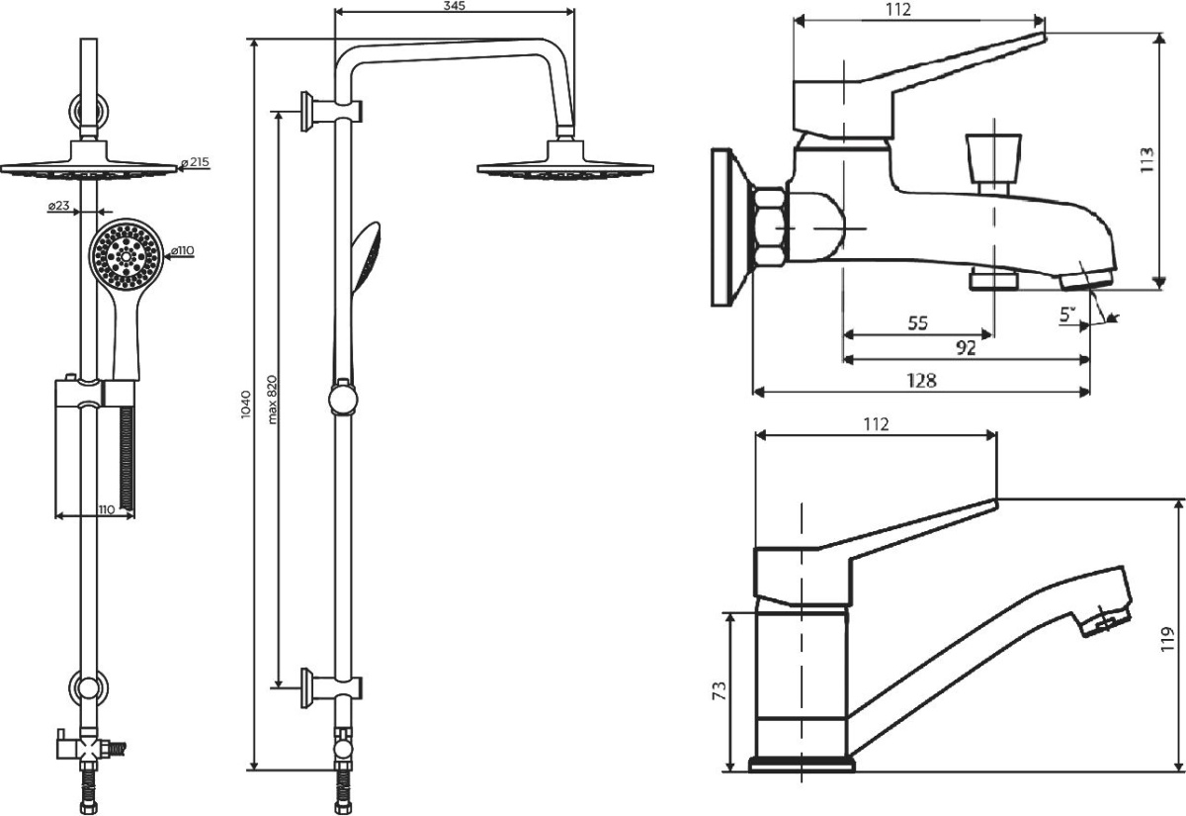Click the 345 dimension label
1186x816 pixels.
454,6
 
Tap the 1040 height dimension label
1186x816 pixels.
246,405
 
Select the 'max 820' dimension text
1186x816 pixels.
272,400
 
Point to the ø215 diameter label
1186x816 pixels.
195,162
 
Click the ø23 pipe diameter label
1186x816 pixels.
58,206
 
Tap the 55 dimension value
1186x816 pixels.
918,322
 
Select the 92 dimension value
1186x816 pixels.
966,347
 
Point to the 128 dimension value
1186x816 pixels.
922,380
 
